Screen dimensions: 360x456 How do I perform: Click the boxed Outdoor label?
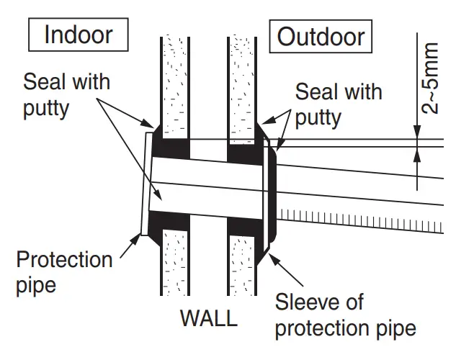(321, 36)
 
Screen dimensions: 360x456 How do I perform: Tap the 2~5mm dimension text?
(431, 78)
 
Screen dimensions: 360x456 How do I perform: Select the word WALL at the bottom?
(208, 318)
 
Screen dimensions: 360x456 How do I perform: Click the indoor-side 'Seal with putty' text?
(67, 94)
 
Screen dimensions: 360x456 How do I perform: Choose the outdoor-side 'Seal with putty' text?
(339, 104)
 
